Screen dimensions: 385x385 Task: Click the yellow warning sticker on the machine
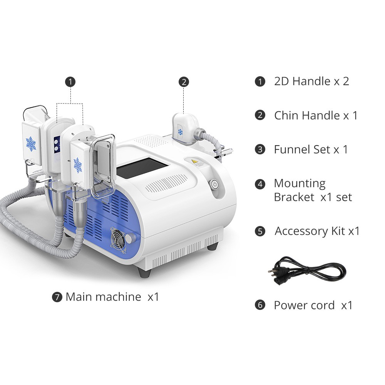[x=194, y=162]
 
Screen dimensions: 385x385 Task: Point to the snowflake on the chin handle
[x=180, y=132]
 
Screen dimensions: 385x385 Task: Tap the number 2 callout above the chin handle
[x=184, y=82]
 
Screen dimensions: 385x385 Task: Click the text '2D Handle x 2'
[x=311, y=81]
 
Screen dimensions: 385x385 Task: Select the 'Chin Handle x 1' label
[x=316, y=115]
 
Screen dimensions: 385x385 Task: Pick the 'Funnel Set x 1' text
[x=311, y=149]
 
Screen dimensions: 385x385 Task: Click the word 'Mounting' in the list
[x=300, y=183]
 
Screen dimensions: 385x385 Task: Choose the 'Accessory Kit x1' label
[x=317, y=231]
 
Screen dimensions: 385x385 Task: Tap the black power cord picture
[x=307, y=271]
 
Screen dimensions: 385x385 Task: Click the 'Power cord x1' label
[x=313, y=305]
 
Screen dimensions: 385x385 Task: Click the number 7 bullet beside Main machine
[x=57, y=297]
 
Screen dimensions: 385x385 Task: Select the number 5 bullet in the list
[x=260, y=231]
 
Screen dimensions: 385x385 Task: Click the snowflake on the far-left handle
[x=31, y=143]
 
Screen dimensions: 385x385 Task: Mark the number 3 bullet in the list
[x=260, y=149]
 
